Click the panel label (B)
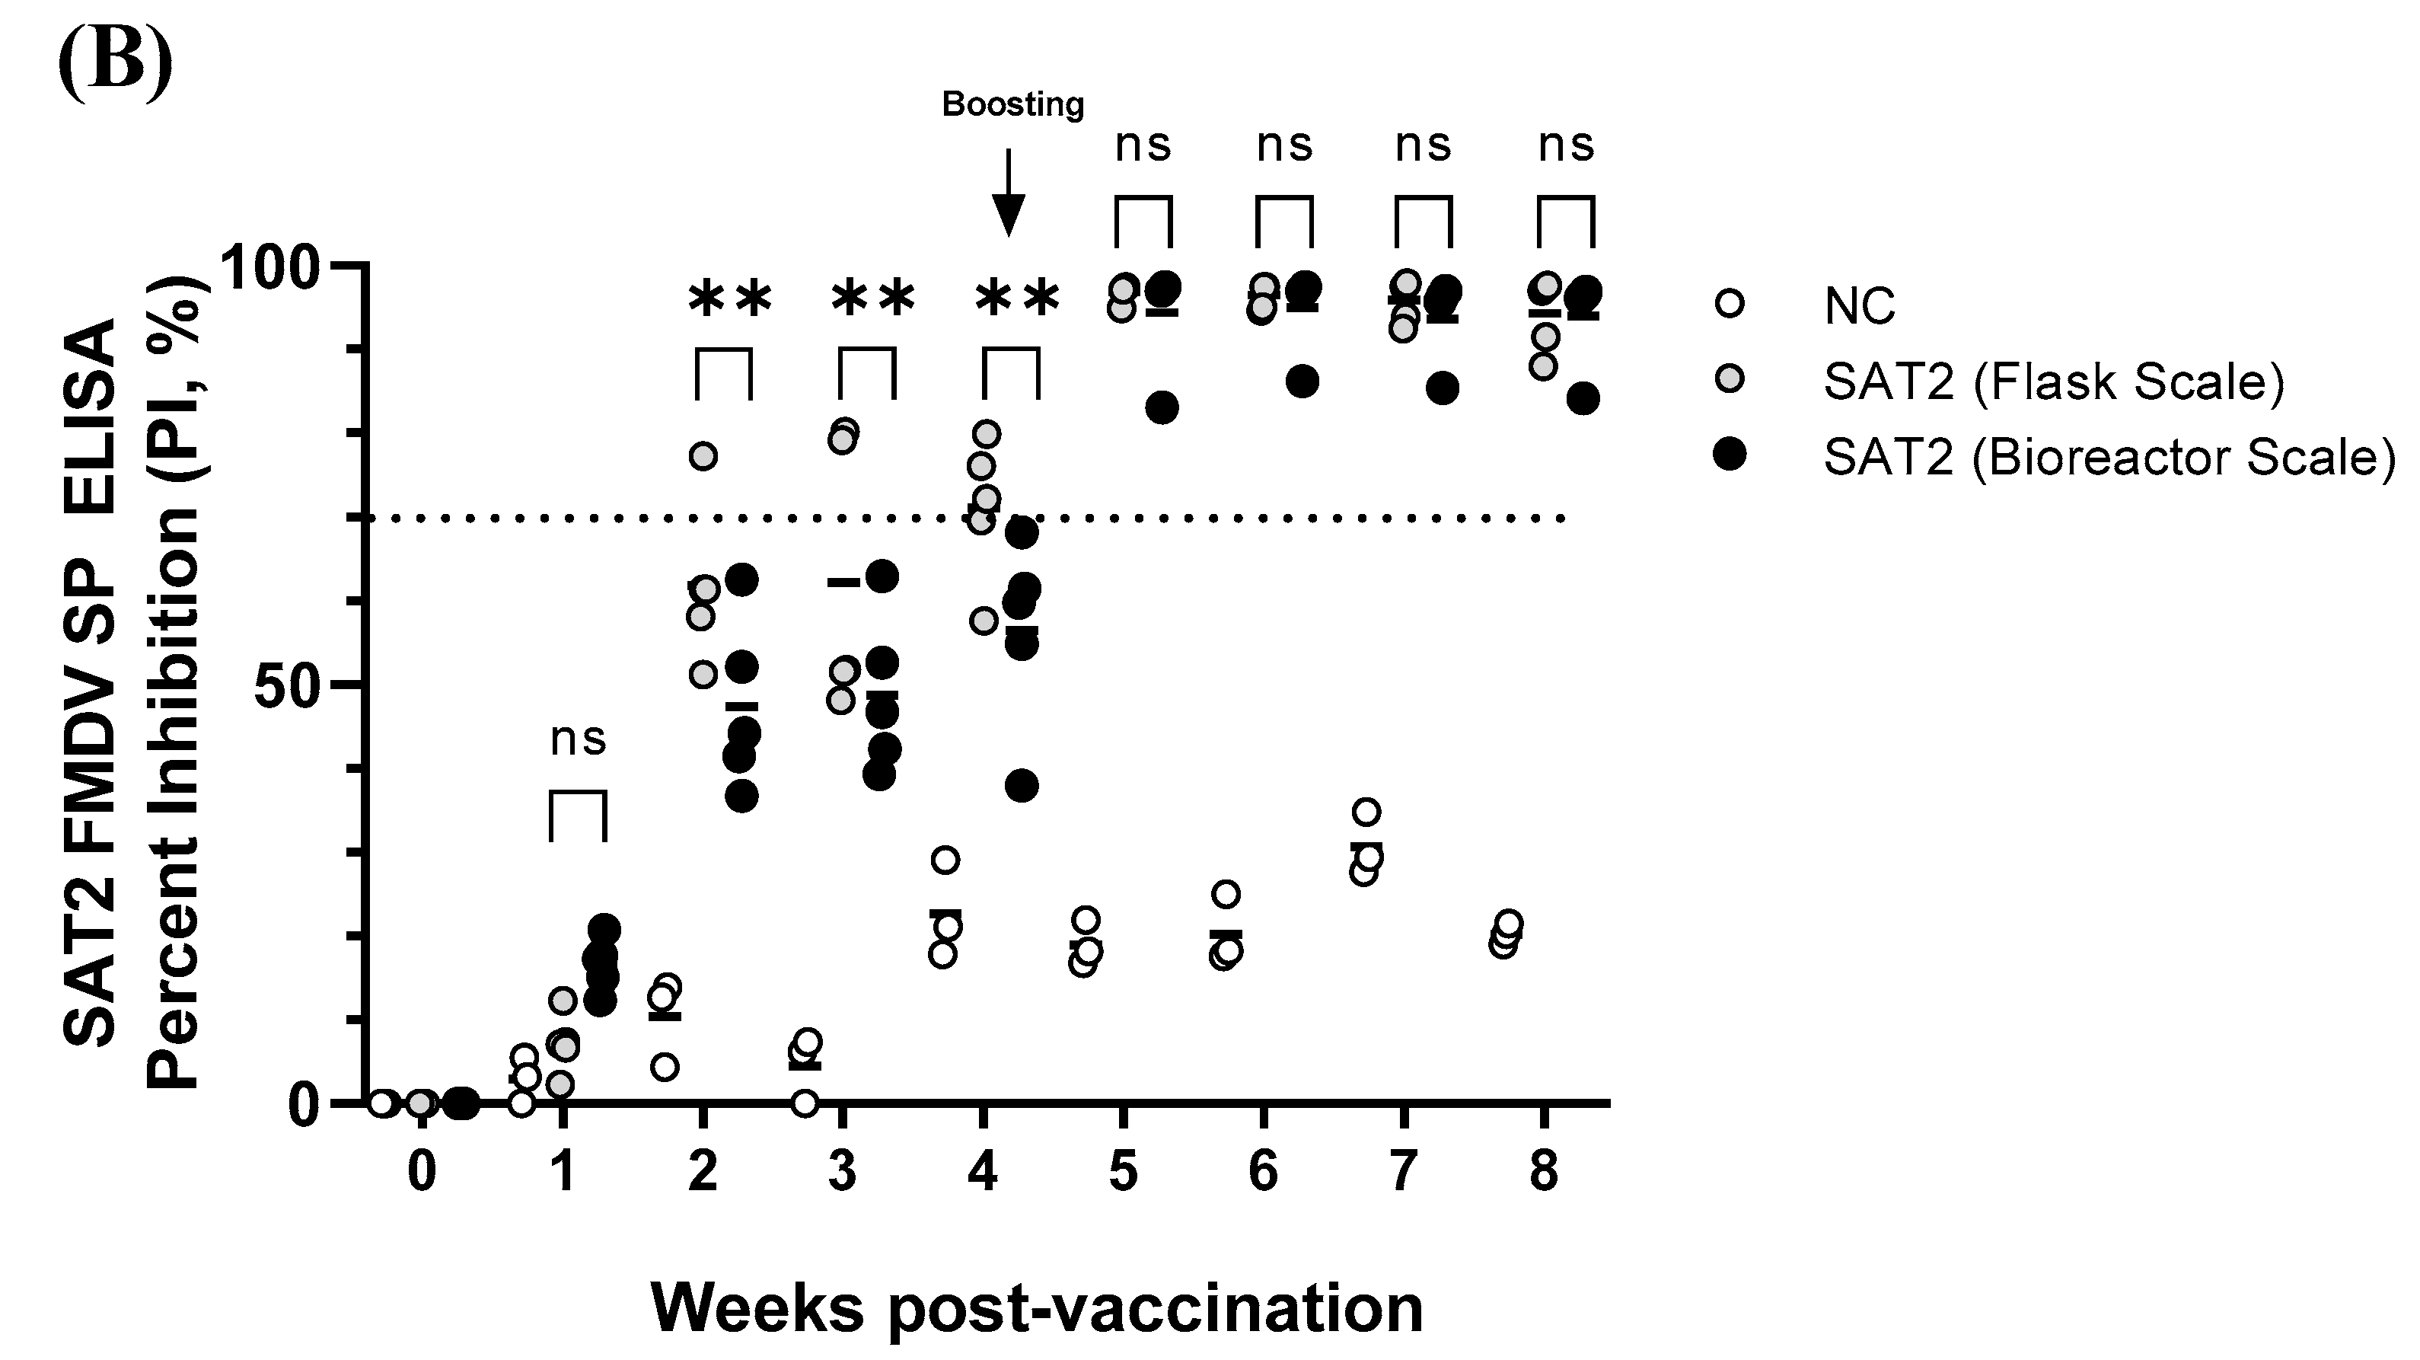pyautogui.click(x=115, y=59)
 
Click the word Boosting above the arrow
pyautogui.click(x=1012, y=104)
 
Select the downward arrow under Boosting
pyautogui.click(x=1008, y=193)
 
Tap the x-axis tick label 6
pyautogui.click(x=1263, y=1171)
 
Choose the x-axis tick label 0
pyautogui.click(x=422, y=1171)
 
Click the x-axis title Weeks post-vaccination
pyautogui.click(x=1036, y=1307)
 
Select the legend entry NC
pyautogui.click(x=1859, y=305)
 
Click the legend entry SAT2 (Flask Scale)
pyautogui.click(x=2052, y=382)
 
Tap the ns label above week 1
pyautogui.click(x=578, y=739)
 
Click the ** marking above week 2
pyautogui.click(x=730, y=301)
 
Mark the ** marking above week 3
pyautogui.click(x=872, y=301)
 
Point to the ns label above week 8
pyautogui.click(x=1566, y=145)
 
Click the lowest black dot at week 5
pyautogui.click(x=1162, y=407)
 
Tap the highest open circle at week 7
pyautogui.click(x=1369, y=811)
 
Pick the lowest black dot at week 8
pyautogui.click(x=1583, y=398)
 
